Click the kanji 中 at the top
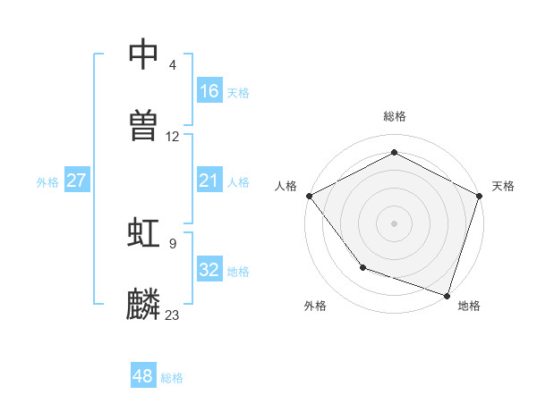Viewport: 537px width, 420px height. [145, 54]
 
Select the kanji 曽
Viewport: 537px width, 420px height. [145, 126]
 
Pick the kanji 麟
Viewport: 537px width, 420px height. [145, 305]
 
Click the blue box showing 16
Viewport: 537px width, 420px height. [209, 91]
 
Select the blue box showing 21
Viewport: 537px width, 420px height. [209, 181]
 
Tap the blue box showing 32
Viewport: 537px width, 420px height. [209, 270]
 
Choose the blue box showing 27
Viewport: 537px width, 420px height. [77, 181]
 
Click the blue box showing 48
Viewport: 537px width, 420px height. [143, 376]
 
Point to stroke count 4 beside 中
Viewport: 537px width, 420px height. [173, 64]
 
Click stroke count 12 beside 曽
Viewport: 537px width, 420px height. [173, 137]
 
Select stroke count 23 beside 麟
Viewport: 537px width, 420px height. [173, 315]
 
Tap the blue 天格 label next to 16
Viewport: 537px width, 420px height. [238, 92]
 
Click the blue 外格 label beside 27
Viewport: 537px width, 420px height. [47, 181]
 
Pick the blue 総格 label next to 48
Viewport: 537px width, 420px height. [172, 377]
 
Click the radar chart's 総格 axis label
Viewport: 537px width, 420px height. [395, 116]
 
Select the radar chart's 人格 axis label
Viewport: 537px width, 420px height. [286, 186]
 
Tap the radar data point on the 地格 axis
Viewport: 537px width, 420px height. [447, 294]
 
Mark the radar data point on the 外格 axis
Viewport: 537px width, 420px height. [362, 267]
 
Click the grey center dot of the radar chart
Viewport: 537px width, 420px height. [395, 223]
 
